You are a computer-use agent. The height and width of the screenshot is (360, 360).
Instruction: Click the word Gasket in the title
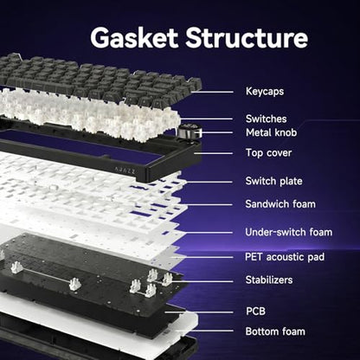134,38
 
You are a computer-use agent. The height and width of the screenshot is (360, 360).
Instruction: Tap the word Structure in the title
247,38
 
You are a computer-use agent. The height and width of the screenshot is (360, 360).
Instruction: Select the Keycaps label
265,92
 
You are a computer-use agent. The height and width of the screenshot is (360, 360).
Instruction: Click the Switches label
267,119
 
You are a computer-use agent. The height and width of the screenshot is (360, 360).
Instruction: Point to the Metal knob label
271,132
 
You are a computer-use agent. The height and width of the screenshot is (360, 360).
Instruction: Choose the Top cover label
268,153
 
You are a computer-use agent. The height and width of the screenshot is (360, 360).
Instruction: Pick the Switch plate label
273,181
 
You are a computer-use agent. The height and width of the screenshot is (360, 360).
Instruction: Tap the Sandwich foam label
280,204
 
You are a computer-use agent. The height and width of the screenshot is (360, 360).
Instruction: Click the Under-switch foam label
289,232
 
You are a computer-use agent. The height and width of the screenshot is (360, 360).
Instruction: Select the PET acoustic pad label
285,257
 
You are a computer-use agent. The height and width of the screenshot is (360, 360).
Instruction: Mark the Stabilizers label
269,280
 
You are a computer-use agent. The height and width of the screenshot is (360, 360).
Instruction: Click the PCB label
255,312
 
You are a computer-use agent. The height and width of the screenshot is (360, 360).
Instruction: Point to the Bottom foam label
275,331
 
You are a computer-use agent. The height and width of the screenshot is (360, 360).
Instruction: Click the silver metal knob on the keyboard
188,132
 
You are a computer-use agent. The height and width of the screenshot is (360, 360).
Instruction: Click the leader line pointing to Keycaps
212,92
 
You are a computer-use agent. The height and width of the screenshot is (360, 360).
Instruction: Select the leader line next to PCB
199,312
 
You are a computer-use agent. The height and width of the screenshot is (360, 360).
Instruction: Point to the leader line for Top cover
213,153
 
